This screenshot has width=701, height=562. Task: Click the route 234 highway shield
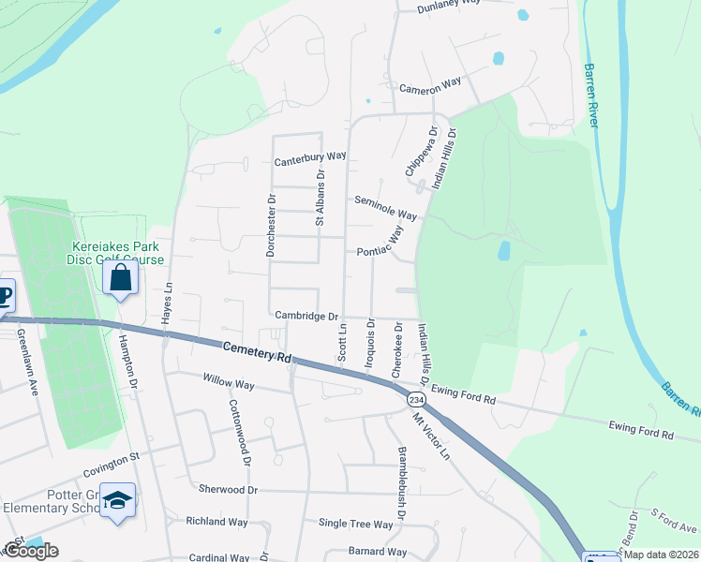pyautogui.click(x=415, y=399)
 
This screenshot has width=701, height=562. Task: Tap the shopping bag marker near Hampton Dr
pyautogui.click(x=121, y=277)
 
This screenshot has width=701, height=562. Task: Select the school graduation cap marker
pyautogui.click(x=118, y=501)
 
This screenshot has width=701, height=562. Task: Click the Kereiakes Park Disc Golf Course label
pyautogui.click(x=118, y=253)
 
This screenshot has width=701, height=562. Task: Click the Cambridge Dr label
pyautogui.click(x=306, y=316)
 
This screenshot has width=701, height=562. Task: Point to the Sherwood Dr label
pyautogui.click(x=228, y=489)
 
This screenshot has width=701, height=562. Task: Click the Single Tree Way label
pyautogui.click(x=355, y=524)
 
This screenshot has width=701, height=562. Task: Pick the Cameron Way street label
pyautogui.click(x=430, y=84)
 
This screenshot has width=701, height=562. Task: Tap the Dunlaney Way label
pyautogui.click(x=449, y=4)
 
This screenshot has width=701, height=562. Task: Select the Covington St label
pyautogui.click(x=110, y=457)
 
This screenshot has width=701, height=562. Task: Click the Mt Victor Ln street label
pyautogui.click(x=432, y=436)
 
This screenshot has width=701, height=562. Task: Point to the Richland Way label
pyautogui.click(x=216, y=521)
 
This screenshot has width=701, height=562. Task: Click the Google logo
pyautogui.click(x=31, y=551)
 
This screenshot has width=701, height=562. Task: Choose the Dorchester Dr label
pyautogui.click(x=271, y=226)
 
